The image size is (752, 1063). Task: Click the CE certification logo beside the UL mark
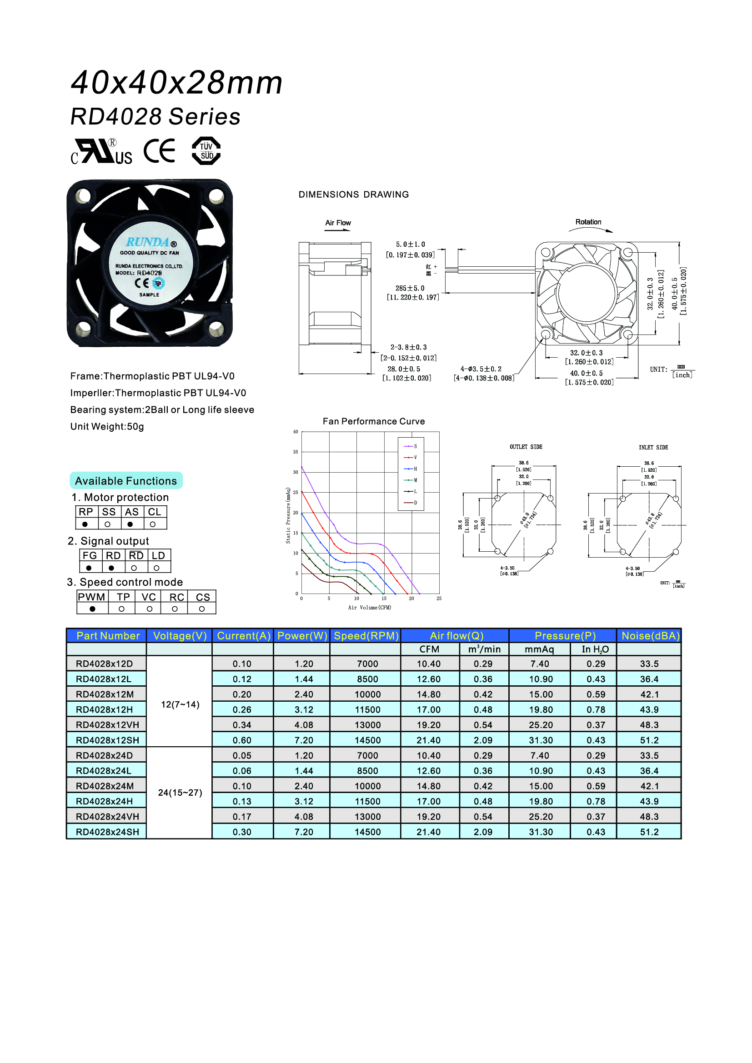tap(159, 151)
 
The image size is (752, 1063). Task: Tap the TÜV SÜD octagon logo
tap(206, 151)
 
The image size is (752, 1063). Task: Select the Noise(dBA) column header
tap(650, 636)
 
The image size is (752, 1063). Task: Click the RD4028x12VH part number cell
tap(107, 724)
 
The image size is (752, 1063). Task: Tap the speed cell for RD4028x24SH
tap(367, 832)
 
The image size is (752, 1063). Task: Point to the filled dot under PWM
tap(93, 609)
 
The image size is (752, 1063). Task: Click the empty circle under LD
tap(156, 568)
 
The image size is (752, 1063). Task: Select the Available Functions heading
tap(126, 481)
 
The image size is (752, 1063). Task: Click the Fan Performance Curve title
tap(373, 421)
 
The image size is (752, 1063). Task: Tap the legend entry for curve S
tap(410, 446)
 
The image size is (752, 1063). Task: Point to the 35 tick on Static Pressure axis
tap(296, 452)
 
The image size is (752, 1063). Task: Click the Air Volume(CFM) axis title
tap(370, 608)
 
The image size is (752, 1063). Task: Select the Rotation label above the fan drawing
tap(588, 222)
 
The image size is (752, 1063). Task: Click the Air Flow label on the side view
tap(337, 223)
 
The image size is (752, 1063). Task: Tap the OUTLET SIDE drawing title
tap(526, 447)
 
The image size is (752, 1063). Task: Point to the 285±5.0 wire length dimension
tap(410, 288)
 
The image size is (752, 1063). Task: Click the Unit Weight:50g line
tap(107, 426)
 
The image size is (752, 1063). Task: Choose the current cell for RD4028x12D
tap(242, 664)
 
